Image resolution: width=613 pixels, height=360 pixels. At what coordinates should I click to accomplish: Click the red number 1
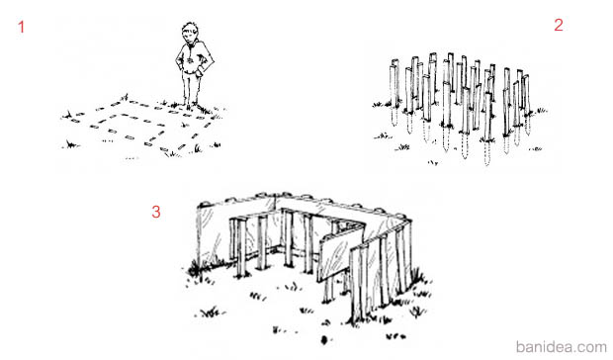pyautogui.click(x=21, y=27)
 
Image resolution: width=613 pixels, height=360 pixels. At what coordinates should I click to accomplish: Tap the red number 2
pyautogui.click(x=559, y=25)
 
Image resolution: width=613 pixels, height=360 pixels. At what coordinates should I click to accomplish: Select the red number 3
pyautogui.click(x=156, y=212)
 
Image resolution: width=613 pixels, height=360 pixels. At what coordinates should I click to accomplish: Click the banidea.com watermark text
pyautogui.click(x=561, y=347)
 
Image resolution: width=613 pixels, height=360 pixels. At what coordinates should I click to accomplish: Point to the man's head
pyautogui.click(x=190, y=34)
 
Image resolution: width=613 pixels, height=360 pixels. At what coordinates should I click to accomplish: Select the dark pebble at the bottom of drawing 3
pyautogui.click(x=324, y=340)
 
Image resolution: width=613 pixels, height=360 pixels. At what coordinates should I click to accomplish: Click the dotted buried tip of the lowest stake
pyautogui.click(x=486, y=153)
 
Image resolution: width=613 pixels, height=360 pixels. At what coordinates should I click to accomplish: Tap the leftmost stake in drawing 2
pyautogui.click(x=394, y=83)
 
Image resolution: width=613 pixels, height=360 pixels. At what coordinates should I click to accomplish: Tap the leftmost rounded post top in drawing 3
pyautogui.click(x=205, y=204)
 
